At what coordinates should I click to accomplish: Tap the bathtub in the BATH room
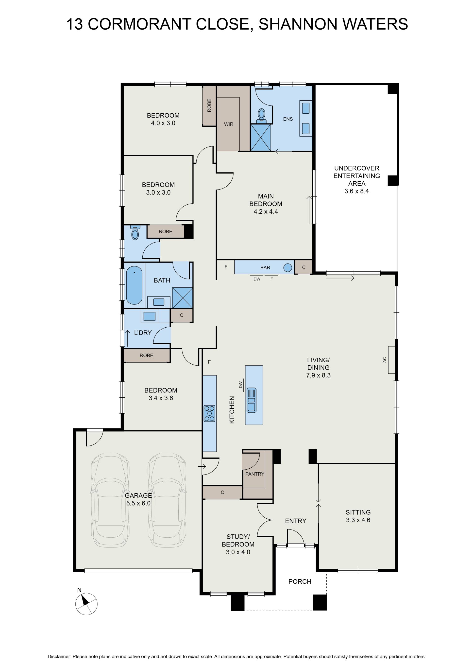[134, 285]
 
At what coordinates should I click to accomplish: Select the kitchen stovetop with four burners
[209, 413]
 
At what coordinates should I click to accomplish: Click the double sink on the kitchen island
[251, 400]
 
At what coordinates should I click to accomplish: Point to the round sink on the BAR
[287, 267]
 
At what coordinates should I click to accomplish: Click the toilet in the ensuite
[262, 115]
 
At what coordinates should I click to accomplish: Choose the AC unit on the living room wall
[391, 360]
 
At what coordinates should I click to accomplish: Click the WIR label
[228, 124]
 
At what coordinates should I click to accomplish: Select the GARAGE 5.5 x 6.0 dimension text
[138, 503]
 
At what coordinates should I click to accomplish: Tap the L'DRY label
[143, 333]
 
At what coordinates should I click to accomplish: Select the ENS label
[288, 119]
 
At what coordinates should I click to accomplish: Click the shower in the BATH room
[182, 298]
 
